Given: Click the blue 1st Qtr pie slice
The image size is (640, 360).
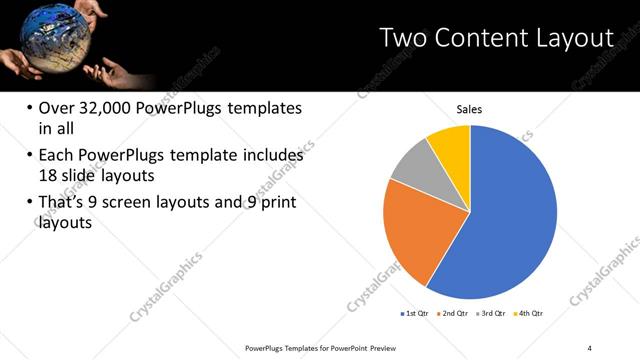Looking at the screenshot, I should (x=510, y=220).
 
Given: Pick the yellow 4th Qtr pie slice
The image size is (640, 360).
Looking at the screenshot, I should (x=450, y=146).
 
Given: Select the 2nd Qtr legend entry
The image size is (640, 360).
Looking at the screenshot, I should (x=456, y=314).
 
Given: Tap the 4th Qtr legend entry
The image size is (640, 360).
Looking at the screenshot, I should (x=529, y=314).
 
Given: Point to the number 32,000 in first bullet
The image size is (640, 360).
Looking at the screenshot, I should (x=109, y=108).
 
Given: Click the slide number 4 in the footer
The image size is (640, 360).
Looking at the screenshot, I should (x=590, y=347).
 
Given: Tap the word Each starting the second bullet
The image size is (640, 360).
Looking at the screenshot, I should (x=55, y=156).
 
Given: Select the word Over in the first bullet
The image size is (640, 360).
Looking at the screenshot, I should (x=56, y=108).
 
